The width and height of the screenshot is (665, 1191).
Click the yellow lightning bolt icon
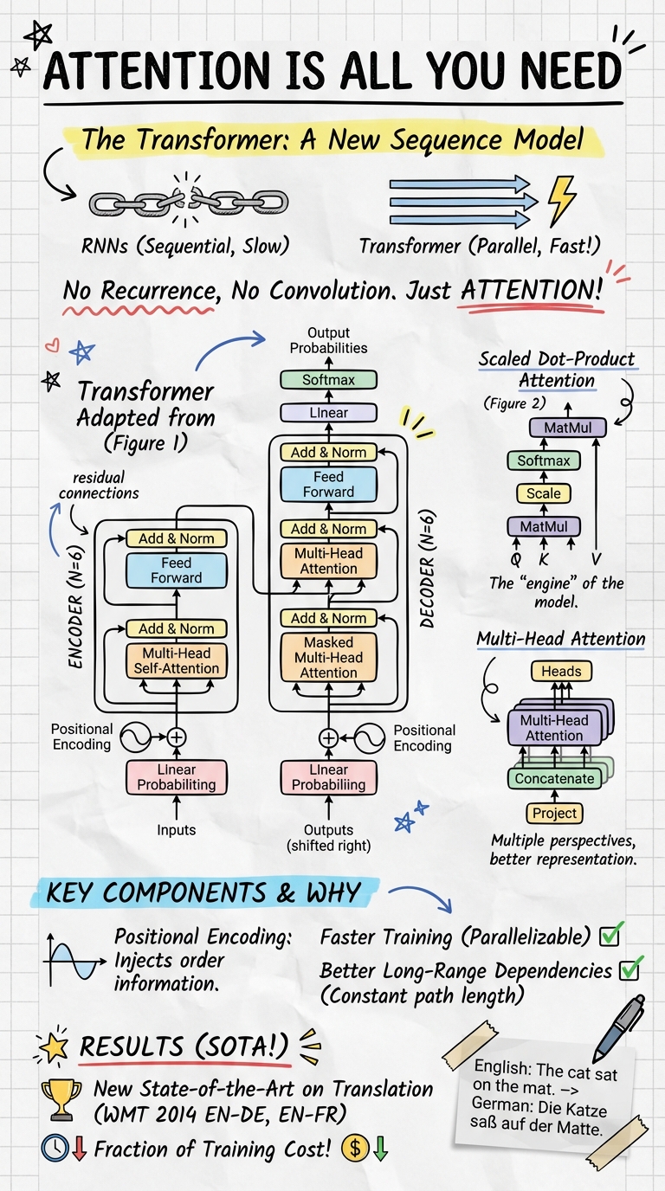coord(562,200)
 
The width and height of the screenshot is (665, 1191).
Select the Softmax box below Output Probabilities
coord(328,380)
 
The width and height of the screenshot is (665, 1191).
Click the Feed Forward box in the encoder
coord(176,570)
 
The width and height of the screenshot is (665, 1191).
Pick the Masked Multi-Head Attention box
coord(328,658)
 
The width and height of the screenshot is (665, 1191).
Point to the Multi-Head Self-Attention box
coord(176,660)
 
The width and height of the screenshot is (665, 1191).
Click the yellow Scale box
coord(544,493)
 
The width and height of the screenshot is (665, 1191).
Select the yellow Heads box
coord(560,671)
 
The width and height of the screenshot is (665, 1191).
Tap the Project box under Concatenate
coord(553,814)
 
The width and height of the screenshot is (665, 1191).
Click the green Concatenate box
coord(554,778)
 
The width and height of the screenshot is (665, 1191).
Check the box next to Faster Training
coord(613,935)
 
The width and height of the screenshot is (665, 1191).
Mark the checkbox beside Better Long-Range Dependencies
coord(629,970)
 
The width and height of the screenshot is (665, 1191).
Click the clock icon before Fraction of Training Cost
coord(54,1149)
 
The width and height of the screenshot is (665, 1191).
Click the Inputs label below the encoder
coord(176,830)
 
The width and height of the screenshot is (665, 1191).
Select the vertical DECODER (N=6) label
coord(427,559)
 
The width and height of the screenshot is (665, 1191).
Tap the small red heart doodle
coord(52,346)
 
